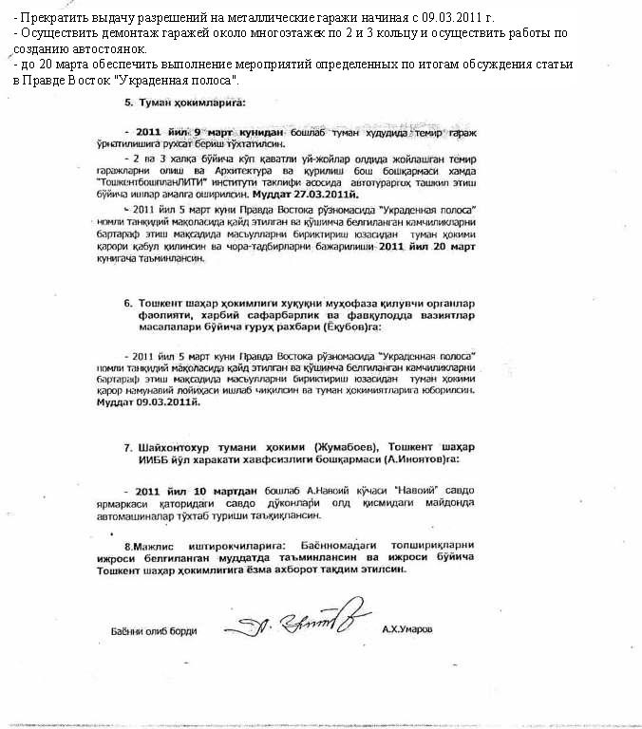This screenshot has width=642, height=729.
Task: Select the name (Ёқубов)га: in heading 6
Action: tap(342, 327)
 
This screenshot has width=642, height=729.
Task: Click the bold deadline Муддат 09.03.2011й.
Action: tap(149, 402)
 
